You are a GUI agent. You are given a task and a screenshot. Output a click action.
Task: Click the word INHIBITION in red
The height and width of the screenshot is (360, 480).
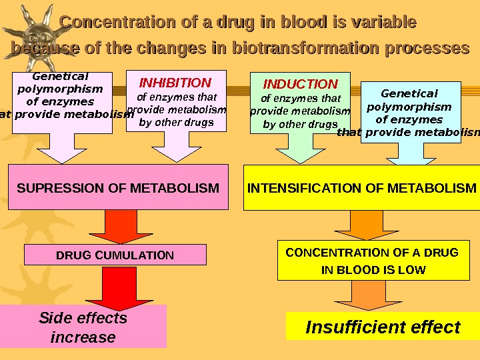(175, 83)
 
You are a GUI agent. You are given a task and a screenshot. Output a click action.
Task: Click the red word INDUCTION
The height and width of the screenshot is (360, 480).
(301, 85)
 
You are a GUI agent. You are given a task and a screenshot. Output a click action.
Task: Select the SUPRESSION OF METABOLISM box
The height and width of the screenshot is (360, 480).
(118, 188)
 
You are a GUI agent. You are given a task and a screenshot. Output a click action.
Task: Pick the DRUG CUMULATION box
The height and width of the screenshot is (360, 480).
(115, 255)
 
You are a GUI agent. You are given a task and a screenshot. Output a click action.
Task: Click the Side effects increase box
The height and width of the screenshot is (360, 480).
(83, 327)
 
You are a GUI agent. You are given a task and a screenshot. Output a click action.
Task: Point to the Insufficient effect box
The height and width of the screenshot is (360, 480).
(383, 327)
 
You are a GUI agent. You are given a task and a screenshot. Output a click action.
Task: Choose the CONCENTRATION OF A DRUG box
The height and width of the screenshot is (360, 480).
(372, 261)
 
